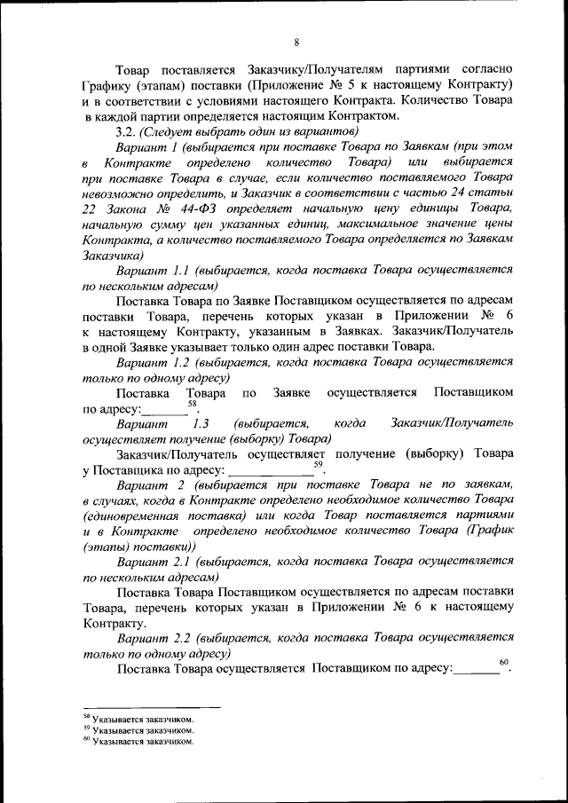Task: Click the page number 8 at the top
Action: click(296, 43)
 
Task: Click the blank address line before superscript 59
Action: click(271, 471)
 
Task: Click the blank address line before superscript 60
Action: click(475, 669)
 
